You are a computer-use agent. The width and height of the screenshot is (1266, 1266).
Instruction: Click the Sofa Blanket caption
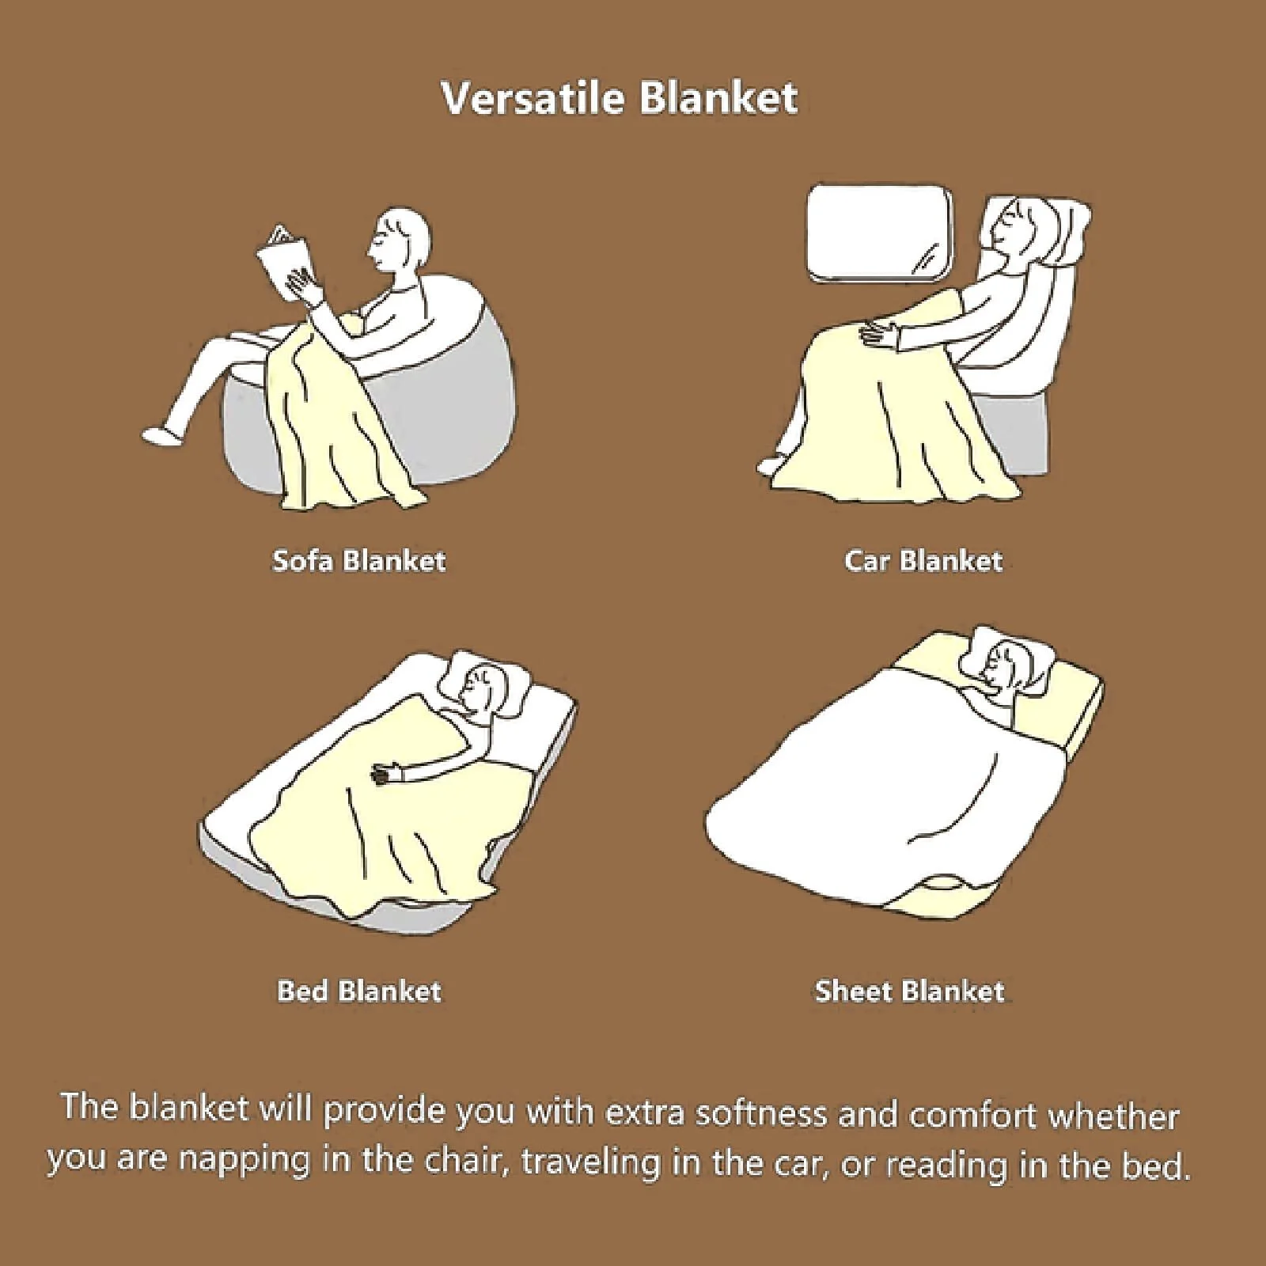coord(358,561)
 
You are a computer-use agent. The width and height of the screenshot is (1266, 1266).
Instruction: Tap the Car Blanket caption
coord(923,561)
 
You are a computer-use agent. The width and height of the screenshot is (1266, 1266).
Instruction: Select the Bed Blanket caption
coord(358,991)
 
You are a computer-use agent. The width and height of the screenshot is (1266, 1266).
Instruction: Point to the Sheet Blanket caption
coord(909,991)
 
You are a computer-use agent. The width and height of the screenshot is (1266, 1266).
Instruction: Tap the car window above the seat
coord(879,233)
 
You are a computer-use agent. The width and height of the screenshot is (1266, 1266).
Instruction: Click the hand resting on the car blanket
coord(880,332)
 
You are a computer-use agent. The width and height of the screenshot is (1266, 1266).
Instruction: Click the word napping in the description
coord(244,1161)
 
